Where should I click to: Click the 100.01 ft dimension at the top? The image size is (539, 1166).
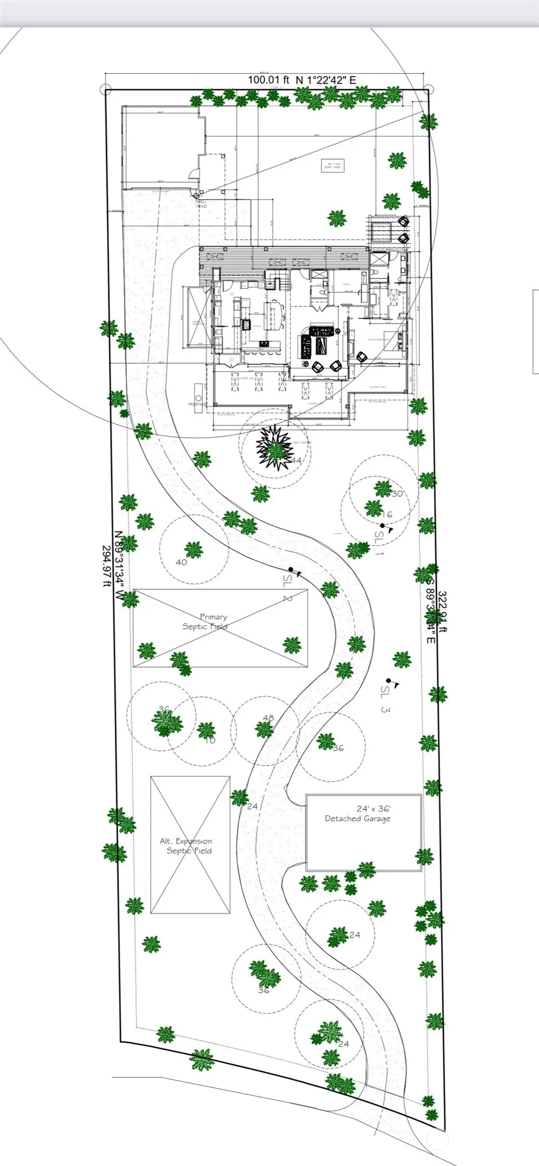[269, 80]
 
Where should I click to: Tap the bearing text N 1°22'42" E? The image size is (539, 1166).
[326, 80]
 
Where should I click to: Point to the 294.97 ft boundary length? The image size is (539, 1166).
[106, 566]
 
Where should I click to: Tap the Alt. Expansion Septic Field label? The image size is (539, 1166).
[187, 845]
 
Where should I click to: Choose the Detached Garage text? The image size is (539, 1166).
[358, 818]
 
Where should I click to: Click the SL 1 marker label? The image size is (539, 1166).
[379, 542]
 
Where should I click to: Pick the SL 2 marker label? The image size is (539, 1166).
[287, 588]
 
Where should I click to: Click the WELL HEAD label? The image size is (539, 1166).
[202, 204]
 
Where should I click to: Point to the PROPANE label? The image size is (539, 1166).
[196, 404]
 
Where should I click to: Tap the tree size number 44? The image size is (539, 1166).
[296, 460]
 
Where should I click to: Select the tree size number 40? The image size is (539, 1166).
[181, 562]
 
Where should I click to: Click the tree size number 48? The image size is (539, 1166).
[268, 718]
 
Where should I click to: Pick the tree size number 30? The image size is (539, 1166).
[398, 494]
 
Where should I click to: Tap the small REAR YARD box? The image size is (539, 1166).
[333, 166]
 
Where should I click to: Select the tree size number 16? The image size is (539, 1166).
[387, 514]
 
